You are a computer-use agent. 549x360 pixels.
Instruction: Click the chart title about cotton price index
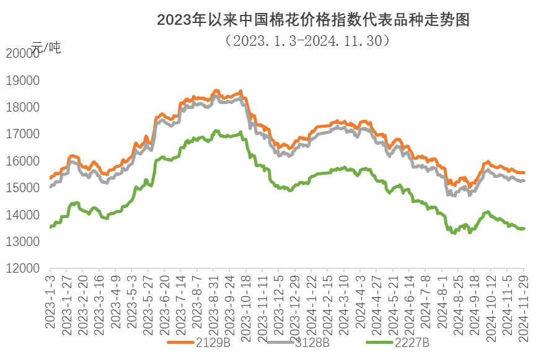coord(313,20)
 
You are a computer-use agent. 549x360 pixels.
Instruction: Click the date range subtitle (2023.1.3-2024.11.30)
coord(308,41)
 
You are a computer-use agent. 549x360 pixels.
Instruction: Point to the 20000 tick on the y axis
coord(22,53)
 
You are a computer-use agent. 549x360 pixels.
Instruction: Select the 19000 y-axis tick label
coord(22,81)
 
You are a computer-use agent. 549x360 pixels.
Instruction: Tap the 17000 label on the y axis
coord(22,134)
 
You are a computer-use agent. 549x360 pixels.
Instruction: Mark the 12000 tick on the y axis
coord(22,269)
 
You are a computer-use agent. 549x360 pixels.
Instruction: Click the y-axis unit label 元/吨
coord(47,46)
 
